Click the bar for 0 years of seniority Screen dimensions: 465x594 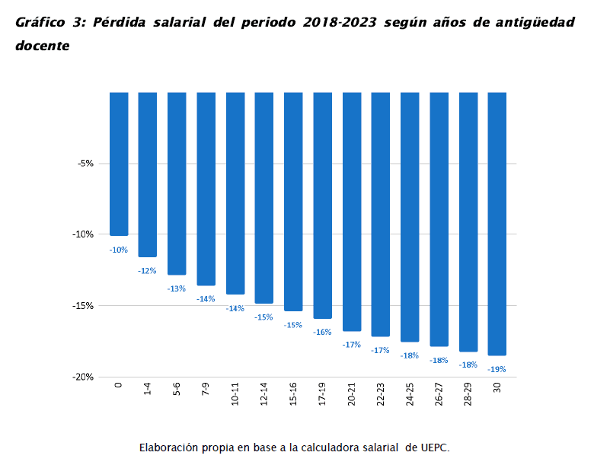[119, 164]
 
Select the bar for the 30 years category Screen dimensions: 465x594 [497, 224]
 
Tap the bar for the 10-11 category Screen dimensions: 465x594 [235, 193]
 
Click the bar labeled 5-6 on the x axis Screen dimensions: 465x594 [177, 183]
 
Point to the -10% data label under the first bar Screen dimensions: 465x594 [119, 250]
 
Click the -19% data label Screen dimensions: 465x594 [497, 370]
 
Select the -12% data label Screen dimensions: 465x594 [147, 271]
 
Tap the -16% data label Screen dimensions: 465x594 [322, 332]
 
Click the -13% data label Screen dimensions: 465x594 [177, 288]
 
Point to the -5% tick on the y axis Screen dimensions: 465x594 [85, 163]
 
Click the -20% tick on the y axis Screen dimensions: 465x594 [83, 377]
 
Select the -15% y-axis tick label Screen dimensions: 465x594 [83, 306]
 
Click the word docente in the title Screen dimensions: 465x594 [42, 46]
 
